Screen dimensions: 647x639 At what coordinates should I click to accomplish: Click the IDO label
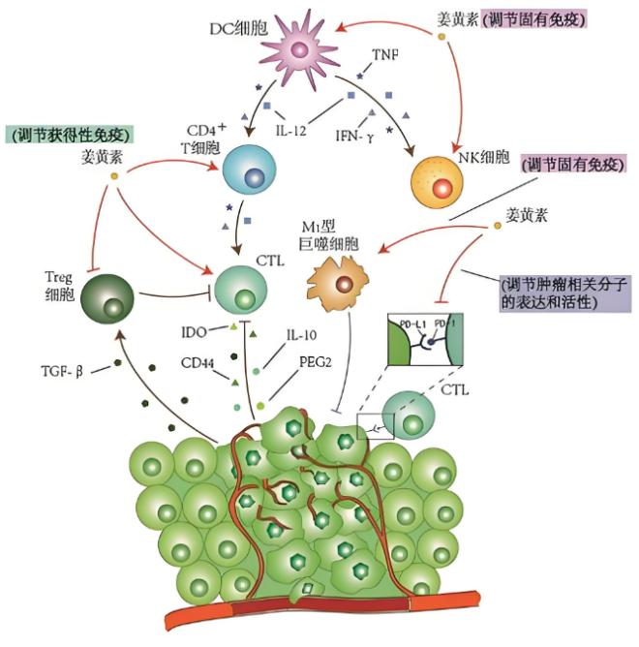(x=193, y=331)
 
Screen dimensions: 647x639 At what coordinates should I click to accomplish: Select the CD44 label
(x=196, y=366)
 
